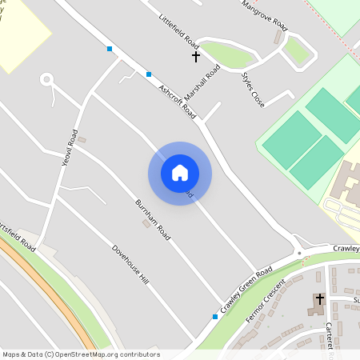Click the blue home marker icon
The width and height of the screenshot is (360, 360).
pos(180,173)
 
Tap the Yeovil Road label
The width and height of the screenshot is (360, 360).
pos(70,148)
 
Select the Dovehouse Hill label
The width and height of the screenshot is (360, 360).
pos(130,265)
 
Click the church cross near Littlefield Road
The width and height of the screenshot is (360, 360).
pos(195,57)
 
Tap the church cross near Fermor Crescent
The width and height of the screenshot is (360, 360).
pos(320,298)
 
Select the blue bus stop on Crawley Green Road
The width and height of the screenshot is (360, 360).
pos(214,317)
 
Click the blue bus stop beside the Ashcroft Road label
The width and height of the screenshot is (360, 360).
pos(148,74)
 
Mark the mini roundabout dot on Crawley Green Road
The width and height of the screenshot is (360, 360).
pos(299,253)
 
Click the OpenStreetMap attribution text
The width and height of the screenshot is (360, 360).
pos(81,354)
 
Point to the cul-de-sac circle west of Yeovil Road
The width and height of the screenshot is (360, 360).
pos(46,78)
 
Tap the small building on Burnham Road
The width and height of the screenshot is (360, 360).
pos(145,223)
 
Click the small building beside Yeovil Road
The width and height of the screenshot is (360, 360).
pos(82,140)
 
